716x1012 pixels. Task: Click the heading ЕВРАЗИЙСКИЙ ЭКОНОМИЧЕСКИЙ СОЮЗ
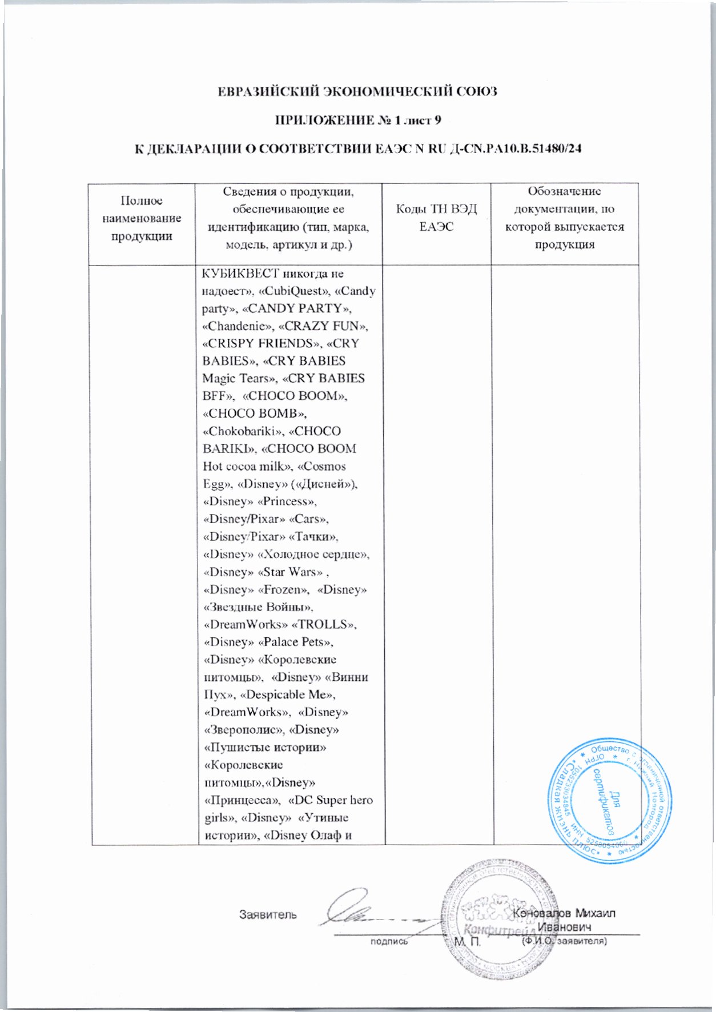(x=358, y=91)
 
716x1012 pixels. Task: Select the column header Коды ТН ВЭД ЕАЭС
(x=436, y=218)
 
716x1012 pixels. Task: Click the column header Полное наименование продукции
(x=142, y=218)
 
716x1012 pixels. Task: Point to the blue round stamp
(x=609, y=801)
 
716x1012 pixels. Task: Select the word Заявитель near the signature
(x=268, y=914)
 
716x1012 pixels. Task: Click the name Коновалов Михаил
(x=564, y=913)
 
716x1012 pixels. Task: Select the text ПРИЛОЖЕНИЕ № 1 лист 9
(x=358, y=121)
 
